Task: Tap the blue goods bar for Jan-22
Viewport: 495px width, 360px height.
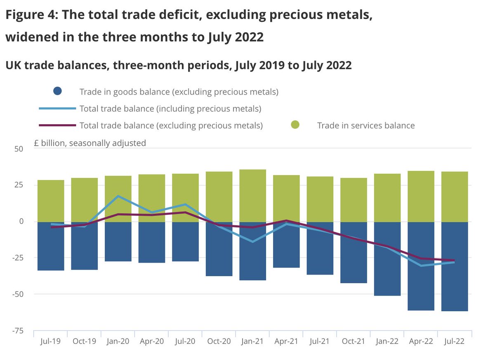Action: click(x=387, y=272)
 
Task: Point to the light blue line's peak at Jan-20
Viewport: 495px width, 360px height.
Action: click(x=118, y=196)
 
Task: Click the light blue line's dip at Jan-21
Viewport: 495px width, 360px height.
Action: click(x=252, y=242)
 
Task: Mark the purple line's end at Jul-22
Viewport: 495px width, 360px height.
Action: click(x=455, y=260)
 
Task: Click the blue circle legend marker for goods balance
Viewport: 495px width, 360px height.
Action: click(x=57, y=92)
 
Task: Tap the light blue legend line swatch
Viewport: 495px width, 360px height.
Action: click(x=57, y=109)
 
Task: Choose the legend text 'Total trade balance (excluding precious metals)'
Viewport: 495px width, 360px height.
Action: click(x=171, y=126)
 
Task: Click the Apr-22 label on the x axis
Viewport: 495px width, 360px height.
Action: click(x=421, y=342)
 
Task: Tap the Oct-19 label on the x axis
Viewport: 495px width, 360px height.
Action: click(x=84, y=342)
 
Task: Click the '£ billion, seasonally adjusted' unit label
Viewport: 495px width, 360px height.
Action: click(x=90, y=143)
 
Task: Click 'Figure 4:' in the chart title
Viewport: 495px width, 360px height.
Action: click(x=31, y=17)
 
